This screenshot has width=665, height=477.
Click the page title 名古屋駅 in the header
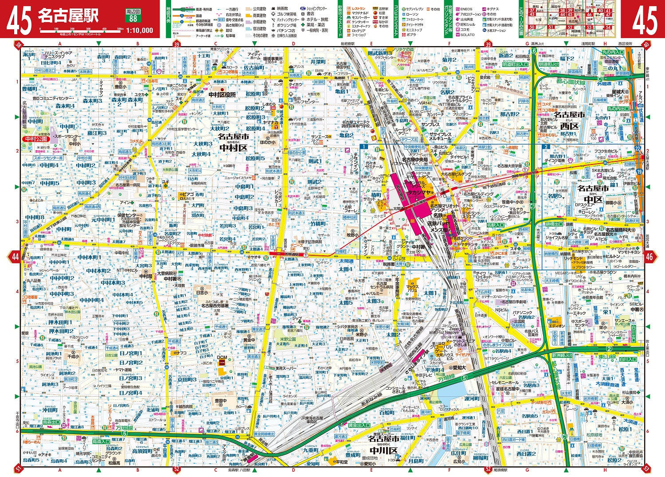pyautogui.click(x=68, y=16)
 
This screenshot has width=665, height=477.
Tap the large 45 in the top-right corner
pyautogui.click(x=644, y=20)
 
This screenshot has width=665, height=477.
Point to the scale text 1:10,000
pyautogui.click(x=140, y=31)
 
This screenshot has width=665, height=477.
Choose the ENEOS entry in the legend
pyautogui.click(x=466, y=9)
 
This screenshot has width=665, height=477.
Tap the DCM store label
pyautogui.click(x=222, y=357)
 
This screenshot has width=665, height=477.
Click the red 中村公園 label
pyautogui.click(x=36, y=139)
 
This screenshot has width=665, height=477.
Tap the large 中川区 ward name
pyautogui.click(x=383, y=451)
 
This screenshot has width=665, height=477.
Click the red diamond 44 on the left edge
pyautogui.click(x=16, y=256)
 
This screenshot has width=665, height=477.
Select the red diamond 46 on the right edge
pyautogui.click(x=649, y=256)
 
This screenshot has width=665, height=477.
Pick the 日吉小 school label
pyautogui.click(x=202, y=293)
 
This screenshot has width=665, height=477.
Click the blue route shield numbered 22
pyautogui.click(x=638, y=148)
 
